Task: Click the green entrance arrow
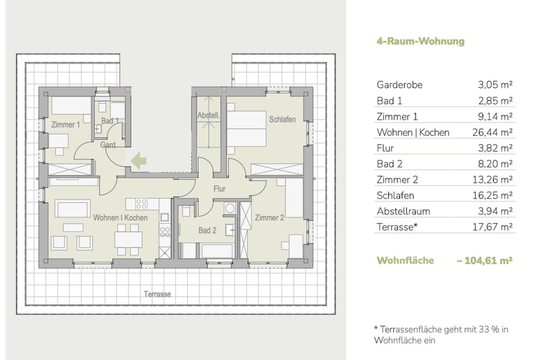point(139,161)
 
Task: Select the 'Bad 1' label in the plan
point(110,121)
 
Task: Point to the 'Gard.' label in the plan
point(108,145)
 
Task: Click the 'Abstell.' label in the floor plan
point(208,116)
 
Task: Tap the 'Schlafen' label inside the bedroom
point(282,119)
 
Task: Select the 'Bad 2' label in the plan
point(207,231)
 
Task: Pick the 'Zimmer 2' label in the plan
point(270,217)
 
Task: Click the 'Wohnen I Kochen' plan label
point(120,217)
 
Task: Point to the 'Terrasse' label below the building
point(157,294)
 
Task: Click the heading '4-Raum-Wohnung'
point(412,41)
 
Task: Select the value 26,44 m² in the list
point(495,132)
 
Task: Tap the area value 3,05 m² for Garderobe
point(495,85)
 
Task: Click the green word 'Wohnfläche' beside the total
point(405,261)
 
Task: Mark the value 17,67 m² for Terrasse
point(494,227)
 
